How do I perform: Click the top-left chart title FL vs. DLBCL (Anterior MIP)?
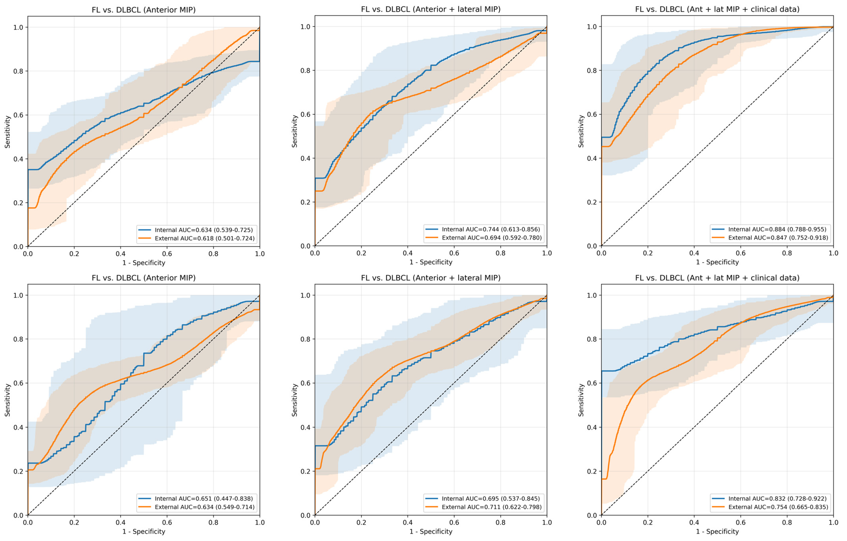143,10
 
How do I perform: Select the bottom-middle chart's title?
431,278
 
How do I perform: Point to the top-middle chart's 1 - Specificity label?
431,262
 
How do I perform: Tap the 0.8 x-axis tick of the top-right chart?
787,253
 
